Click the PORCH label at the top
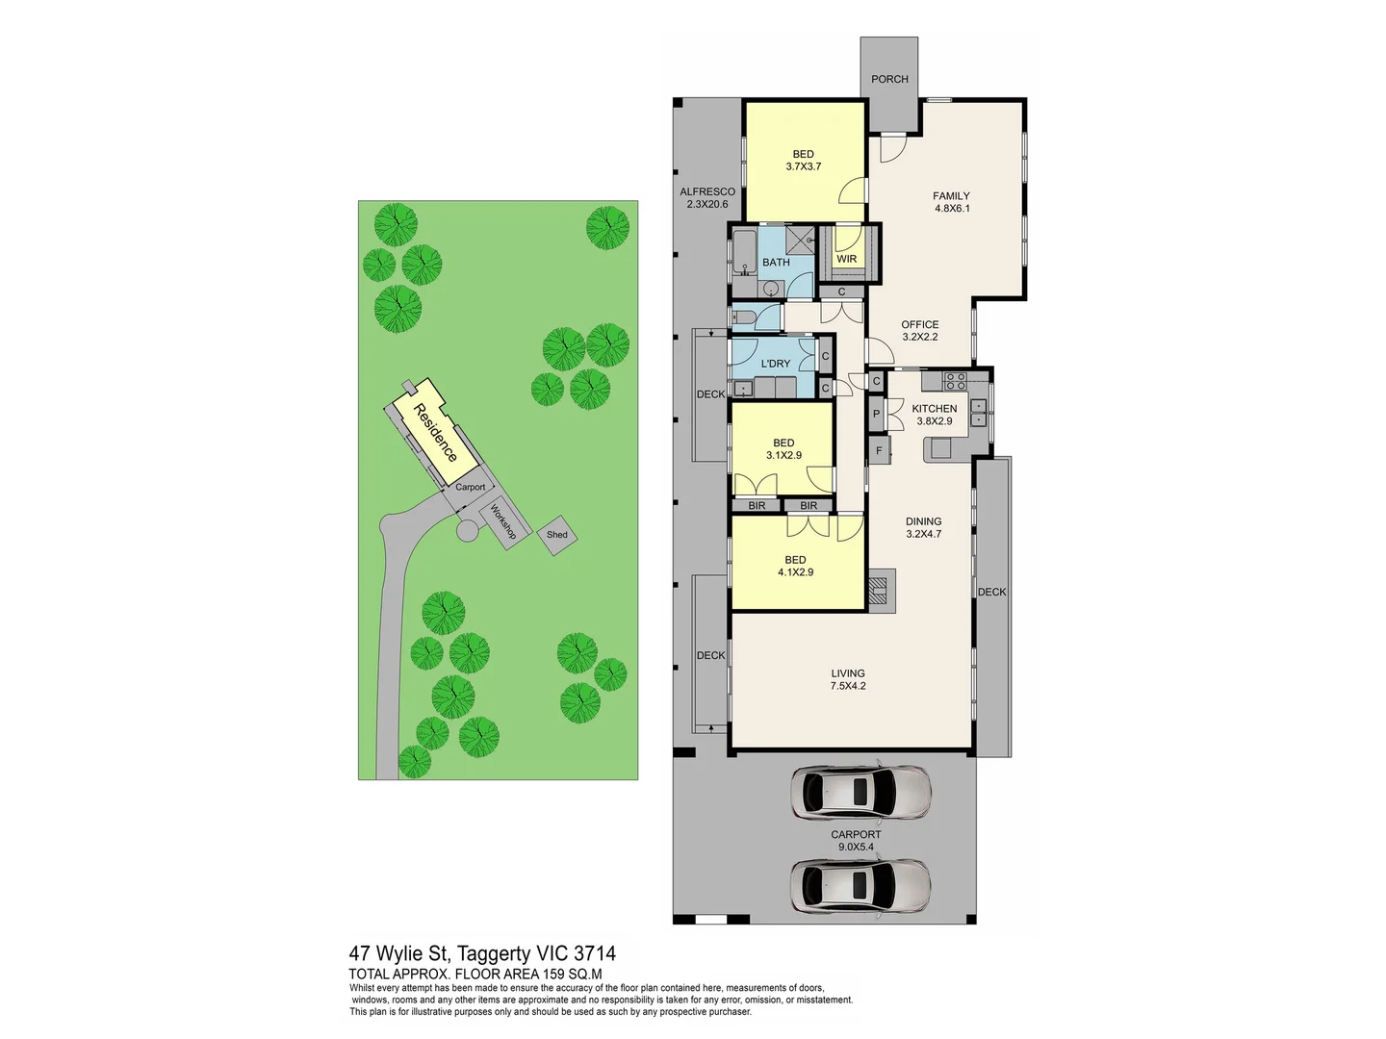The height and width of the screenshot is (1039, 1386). [889, 79]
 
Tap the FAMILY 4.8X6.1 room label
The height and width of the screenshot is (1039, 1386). [951, 202]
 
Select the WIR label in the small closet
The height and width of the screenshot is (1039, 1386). [847, 259]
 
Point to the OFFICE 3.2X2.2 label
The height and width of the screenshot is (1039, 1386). [920, 331]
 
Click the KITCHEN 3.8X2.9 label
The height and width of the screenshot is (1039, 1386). [935, 415]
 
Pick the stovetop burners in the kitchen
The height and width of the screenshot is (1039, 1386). [955, 381]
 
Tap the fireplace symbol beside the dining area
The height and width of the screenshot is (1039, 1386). [881, 589]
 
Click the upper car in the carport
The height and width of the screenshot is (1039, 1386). [860, 792]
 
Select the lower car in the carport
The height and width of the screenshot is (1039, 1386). [860, 885]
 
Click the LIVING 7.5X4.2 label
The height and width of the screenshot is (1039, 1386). [848, 680]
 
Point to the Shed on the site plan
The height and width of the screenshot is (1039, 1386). [557, 535]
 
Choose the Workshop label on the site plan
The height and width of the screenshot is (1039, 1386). [503, 521]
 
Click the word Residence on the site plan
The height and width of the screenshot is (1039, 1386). [435, 433]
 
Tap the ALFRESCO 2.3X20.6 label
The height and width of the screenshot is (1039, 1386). [707, 198]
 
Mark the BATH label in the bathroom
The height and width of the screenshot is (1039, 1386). [776, 263]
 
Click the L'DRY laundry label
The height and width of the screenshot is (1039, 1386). [775, 364]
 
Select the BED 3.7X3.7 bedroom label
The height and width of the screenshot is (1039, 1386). [804, 161]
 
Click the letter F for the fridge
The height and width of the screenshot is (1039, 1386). [879, 450]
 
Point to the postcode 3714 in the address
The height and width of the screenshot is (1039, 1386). [595, 954]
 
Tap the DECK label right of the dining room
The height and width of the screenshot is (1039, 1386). [992, 593]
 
